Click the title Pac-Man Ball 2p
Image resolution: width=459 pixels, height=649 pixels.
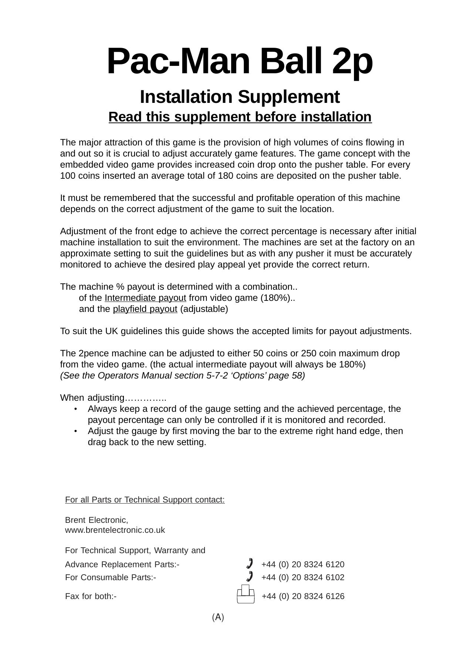(239, 61)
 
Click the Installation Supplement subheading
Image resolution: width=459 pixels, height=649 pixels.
(239, 97)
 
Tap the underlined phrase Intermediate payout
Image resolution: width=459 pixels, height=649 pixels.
(145, 298)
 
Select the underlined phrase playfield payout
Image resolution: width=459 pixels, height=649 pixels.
(145, 309)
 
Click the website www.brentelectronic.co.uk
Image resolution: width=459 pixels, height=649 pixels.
(115, 530)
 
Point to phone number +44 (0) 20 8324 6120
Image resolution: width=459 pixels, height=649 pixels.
(303, 564)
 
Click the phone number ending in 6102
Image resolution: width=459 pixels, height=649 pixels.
(303, 577)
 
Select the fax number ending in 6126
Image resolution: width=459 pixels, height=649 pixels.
(303, 596)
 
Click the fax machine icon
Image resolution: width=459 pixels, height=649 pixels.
(246, 594)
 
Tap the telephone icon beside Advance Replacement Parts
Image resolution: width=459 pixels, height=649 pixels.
(250, 563)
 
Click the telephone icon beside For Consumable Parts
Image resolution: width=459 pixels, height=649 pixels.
(250, 576)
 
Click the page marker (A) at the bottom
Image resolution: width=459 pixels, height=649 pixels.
(218, 617)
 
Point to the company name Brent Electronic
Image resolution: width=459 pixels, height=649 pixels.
(96, 520)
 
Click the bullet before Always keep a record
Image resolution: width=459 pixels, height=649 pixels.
(75, 409)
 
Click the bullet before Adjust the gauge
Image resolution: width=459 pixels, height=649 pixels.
(75, 431)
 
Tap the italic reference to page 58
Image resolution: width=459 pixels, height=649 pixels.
(182, 376)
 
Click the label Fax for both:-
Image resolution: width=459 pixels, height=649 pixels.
(91, 596)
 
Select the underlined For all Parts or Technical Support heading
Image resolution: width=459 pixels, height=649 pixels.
(145, 500)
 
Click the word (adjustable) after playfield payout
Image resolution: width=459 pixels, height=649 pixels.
(204, 309)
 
